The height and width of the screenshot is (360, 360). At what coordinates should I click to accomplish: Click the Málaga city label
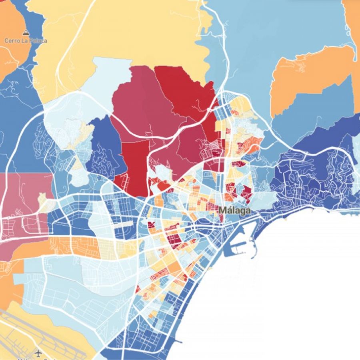[x=235, y=210]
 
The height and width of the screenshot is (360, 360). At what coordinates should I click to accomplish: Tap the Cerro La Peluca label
[x=26, y=41]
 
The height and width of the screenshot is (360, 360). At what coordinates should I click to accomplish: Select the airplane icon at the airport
[x=39, y=353]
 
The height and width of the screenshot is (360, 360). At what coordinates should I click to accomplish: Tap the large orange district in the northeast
[x=308, y=80]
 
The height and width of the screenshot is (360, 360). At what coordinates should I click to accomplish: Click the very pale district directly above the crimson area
[x=108, y=76]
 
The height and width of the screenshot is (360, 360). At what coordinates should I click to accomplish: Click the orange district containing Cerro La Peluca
[x=10, y=44]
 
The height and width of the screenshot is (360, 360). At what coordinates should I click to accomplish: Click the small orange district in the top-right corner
[x=352, y=24]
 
